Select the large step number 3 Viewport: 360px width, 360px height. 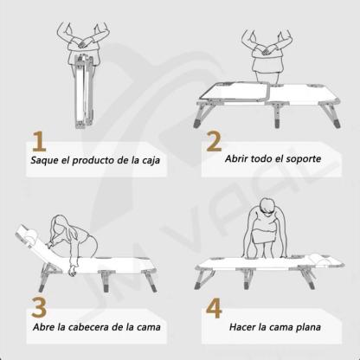39,307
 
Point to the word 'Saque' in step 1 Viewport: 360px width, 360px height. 45,161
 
